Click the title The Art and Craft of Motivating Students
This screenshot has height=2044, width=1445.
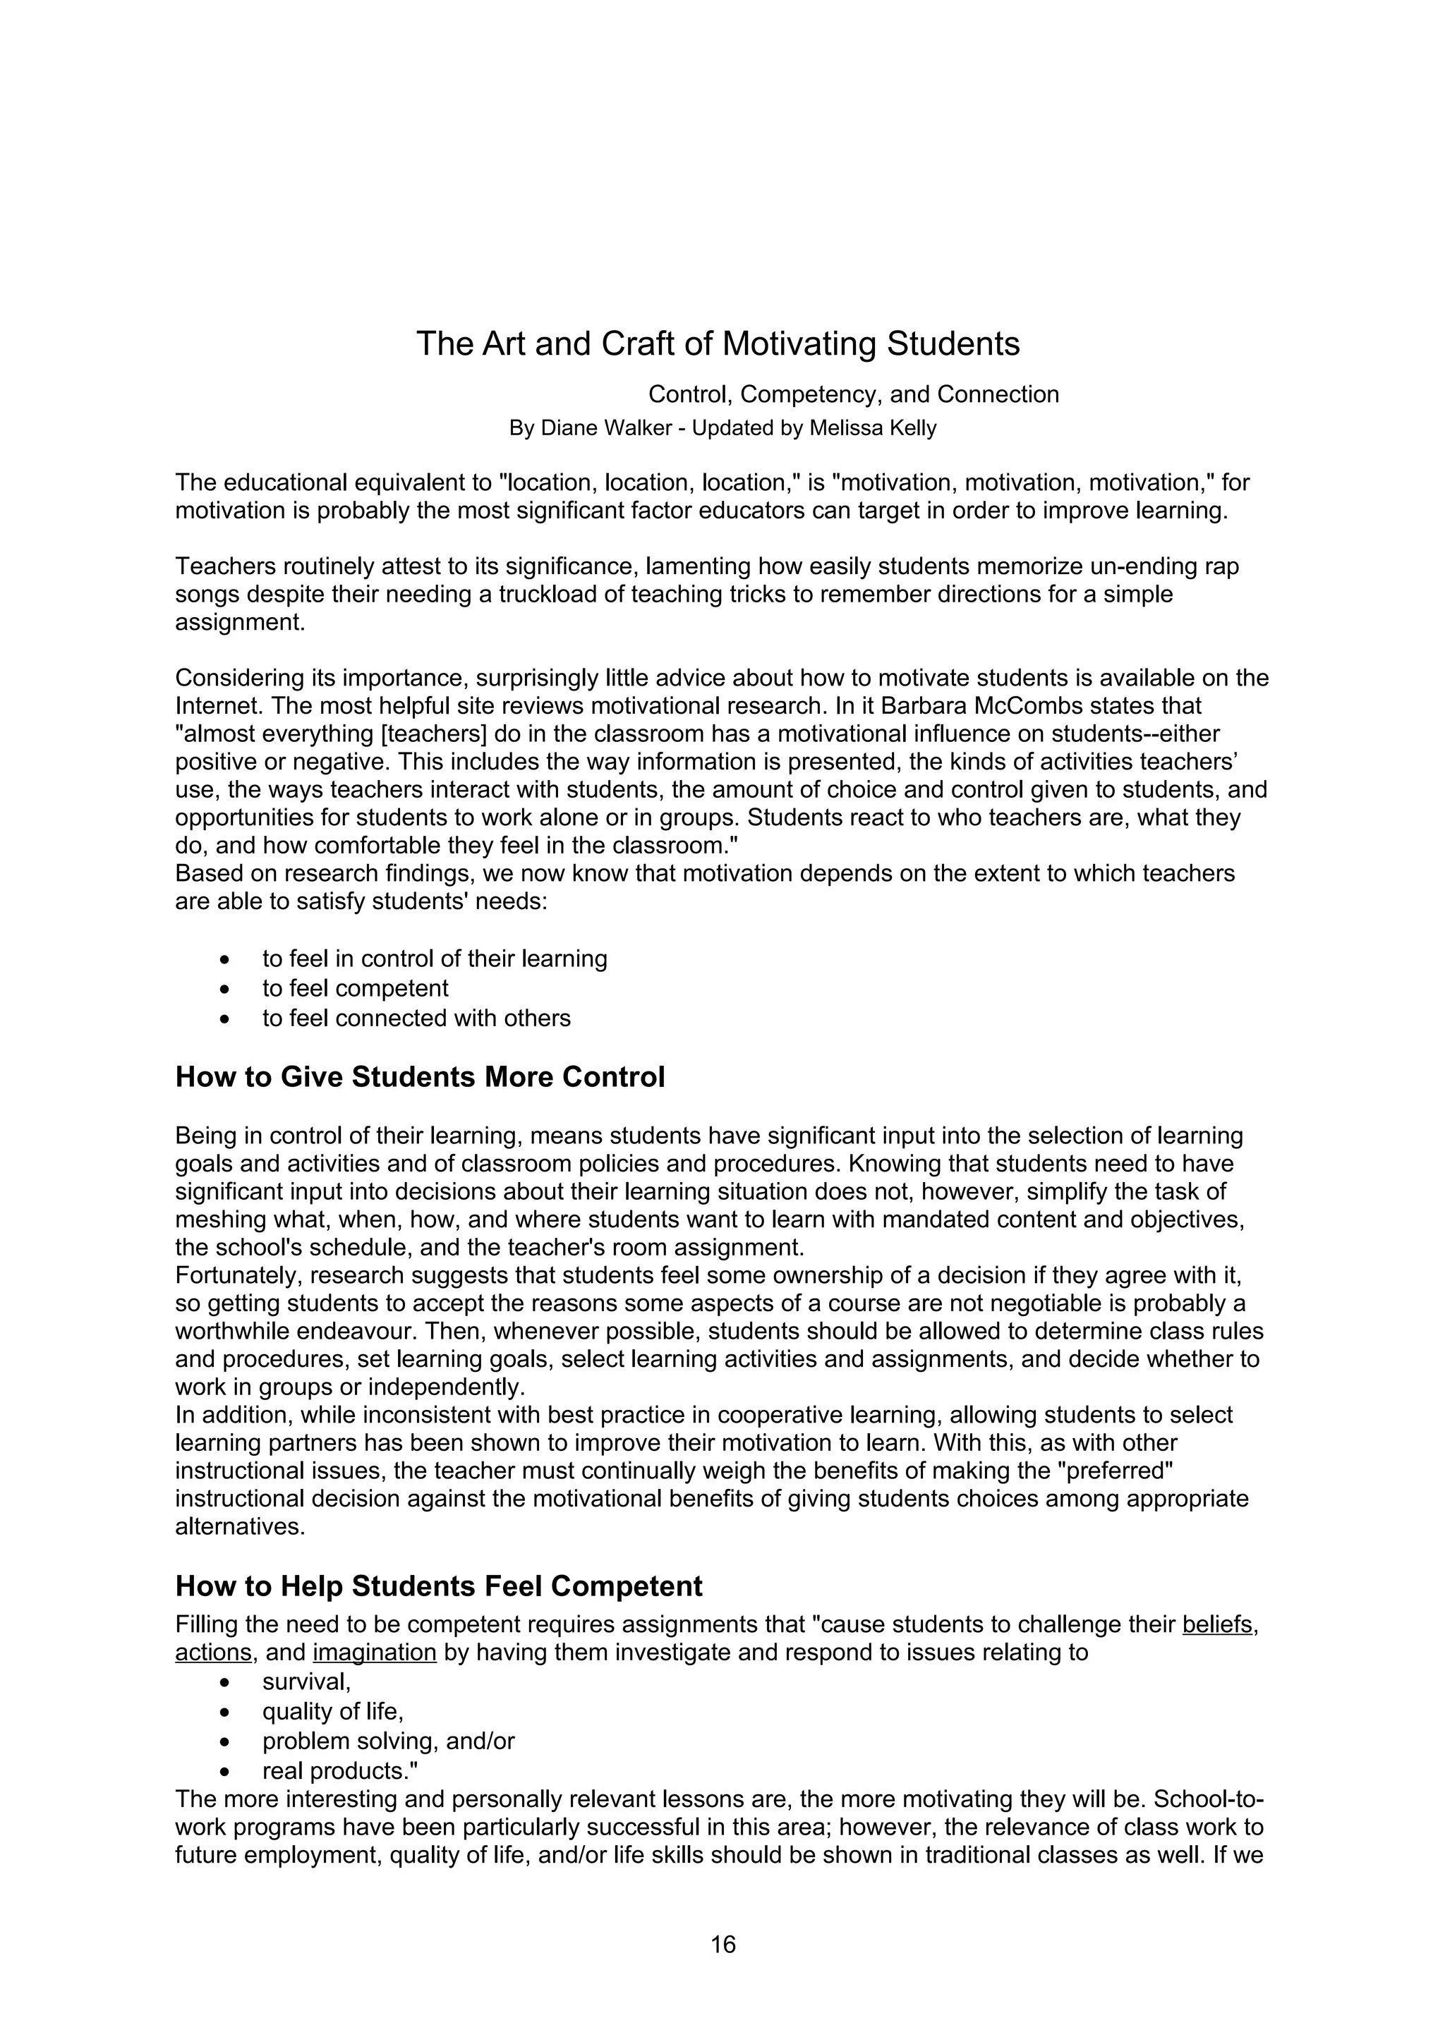718,343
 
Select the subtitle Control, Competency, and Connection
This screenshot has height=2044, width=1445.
853,394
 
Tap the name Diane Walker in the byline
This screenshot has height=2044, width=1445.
606,428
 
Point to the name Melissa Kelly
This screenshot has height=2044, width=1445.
873,428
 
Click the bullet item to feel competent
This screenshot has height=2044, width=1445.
355,988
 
